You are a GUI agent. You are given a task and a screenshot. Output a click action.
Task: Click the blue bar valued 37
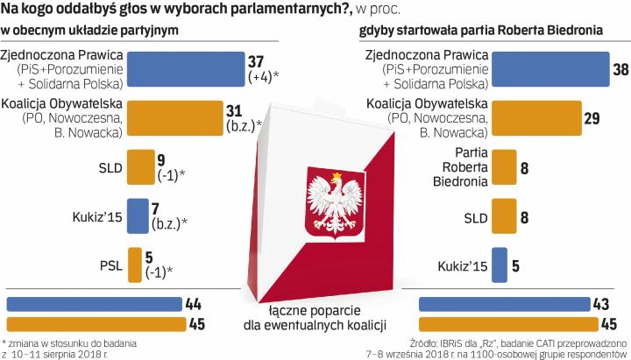click(x=186, y=67)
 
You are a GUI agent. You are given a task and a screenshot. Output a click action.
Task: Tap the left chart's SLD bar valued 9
click(x=140, y=166)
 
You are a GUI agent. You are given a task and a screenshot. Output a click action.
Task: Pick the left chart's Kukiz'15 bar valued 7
click(x=138, y=215)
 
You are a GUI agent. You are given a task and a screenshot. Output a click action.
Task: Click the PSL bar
click(x=134, y=263)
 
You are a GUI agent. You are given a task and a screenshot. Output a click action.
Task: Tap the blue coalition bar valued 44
click(x=95, y=304)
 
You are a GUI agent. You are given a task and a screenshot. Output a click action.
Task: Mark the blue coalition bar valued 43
click(x=506, y=304)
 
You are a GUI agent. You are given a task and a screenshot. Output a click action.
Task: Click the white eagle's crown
click(x=335, y=174)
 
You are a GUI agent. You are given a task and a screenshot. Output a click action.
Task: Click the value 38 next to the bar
click(x=620, y=69)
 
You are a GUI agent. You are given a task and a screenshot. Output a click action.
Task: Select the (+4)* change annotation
click(x=264, y=76)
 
